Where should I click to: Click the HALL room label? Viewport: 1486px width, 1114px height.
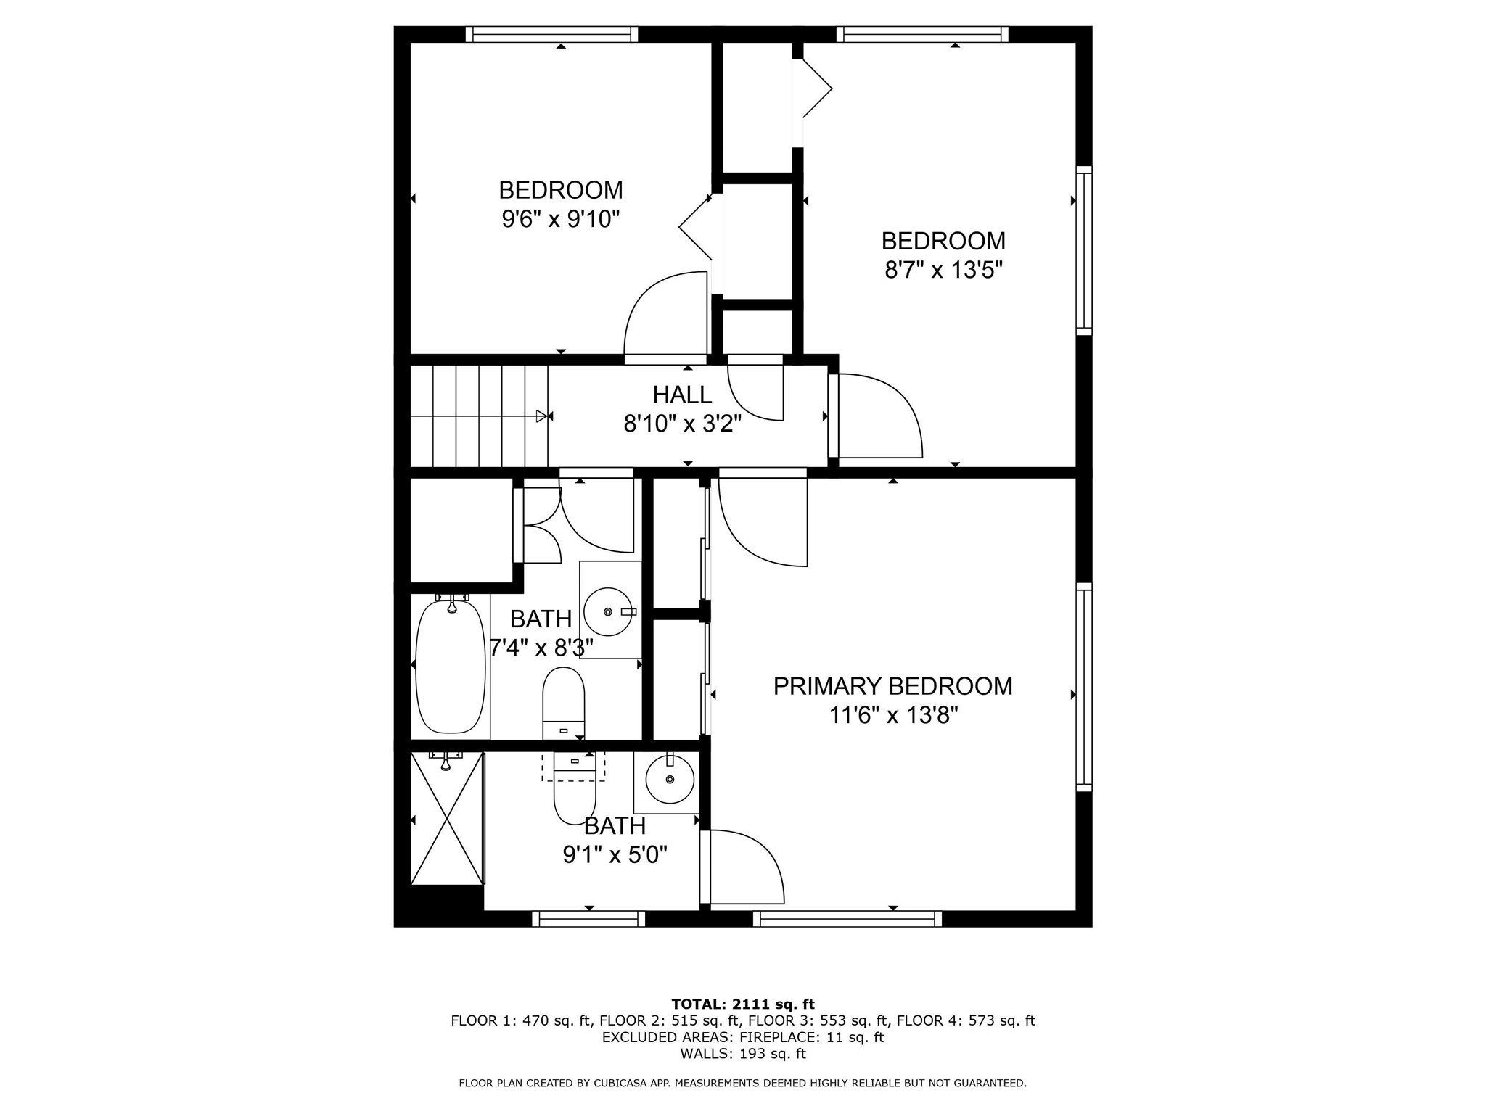pos(681,395)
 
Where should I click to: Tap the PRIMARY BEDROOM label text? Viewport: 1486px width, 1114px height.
pos(892,686)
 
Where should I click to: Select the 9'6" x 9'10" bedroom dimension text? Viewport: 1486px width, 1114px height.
pos(560,218)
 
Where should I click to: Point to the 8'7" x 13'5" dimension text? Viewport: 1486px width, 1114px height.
pos(943,271)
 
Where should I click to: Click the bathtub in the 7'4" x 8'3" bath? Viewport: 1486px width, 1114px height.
pos(450,666)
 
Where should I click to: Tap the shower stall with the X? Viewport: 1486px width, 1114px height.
pos(447,818)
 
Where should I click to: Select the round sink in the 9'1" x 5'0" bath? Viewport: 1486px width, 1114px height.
pos(669,780)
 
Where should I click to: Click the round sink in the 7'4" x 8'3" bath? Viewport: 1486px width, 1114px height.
pos(609,611)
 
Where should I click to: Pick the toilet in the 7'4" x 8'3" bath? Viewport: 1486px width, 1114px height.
pos(564,702)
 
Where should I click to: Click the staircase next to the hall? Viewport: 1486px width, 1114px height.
pos(479,416)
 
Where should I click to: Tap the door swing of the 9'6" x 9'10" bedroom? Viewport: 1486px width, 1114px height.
pos(664,313)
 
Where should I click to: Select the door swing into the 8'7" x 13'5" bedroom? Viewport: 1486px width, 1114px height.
pos(878,416)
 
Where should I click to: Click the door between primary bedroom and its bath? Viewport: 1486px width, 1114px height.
pos(744,867)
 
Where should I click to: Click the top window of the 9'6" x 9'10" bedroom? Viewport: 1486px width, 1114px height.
pos(551,34)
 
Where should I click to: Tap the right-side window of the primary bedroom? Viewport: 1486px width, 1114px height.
pos(1083,687)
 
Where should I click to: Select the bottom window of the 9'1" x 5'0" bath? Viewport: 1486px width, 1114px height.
pos(588,919)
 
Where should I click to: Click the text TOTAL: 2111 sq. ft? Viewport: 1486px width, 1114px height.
pos(742,1004)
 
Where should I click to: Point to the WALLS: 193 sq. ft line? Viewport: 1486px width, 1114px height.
pos(742,1054)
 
